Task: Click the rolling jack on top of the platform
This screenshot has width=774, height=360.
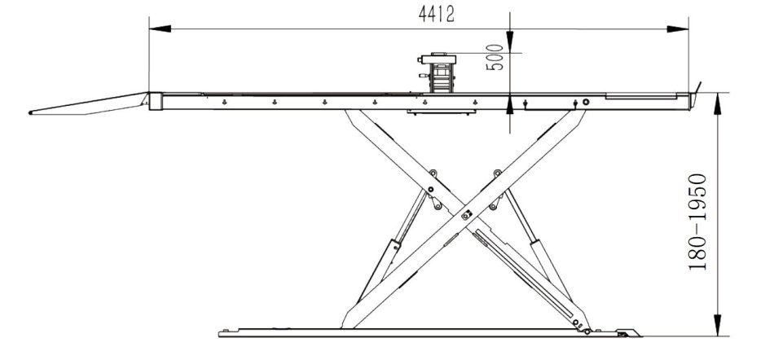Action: click(x=439, y=73)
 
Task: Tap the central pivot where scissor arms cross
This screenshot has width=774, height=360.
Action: click(x=467, y=215)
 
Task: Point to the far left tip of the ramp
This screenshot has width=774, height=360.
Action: click(x=29, y=112)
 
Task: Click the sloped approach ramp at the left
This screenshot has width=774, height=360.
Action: click(x=90, y=104)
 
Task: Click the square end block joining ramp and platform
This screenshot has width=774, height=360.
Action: click(x=154, y=101)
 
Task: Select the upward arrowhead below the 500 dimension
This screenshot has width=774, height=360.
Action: click(x=510, y=103)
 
